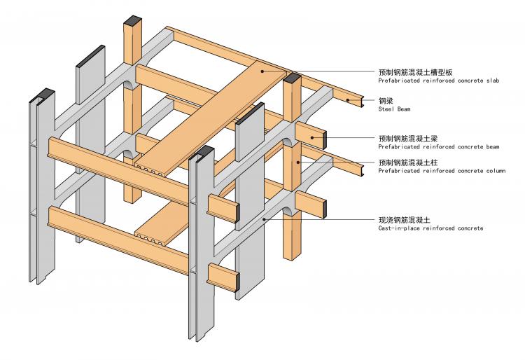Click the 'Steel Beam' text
pos(391,109)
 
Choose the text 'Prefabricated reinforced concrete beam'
pos(438,147)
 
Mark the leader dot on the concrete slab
pos(262,71)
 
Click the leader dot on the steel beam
pos(348,100)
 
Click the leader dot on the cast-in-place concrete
pos(263,220)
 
